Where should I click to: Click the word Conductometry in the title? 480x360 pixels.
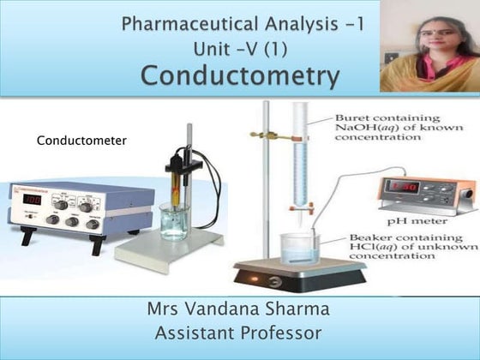click(x=240, y=75)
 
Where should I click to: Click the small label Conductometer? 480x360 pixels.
click(x=81, y=139)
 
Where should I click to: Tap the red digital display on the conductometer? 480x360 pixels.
click(x=32, y=199)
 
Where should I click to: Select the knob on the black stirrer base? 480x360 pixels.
click(x=273, y=281)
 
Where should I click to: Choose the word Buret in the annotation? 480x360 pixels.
click(x=353, y=112)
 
